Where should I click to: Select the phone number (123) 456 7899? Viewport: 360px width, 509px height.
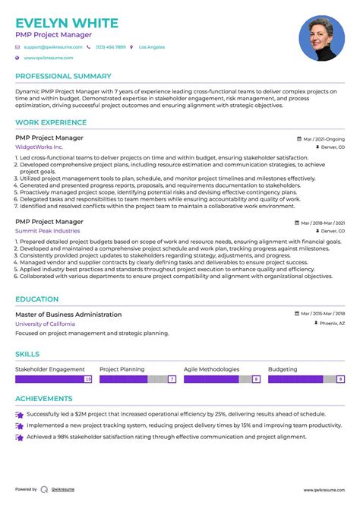coord(111,47)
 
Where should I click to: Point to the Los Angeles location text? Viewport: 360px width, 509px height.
coord(152,47)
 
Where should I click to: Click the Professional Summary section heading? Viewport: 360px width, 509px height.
coord(63,76)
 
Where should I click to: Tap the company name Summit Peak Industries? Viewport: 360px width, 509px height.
coord(47,230)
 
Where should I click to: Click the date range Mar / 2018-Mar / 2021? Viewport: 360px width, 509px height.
coord(323,223)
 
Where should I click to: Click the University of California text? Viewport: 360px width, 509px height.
coord(50,324)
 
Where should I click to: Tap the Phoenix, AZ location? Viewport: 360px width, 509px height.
coord(332,323)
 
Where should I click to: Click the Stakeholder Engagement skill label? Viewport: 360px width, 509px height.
coord(50,368)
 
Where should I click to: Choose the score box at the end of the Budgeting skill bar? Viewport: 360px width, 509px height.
coord(341,378)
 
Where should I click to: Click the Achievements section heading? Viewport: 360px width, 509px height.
coord(44,398)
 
